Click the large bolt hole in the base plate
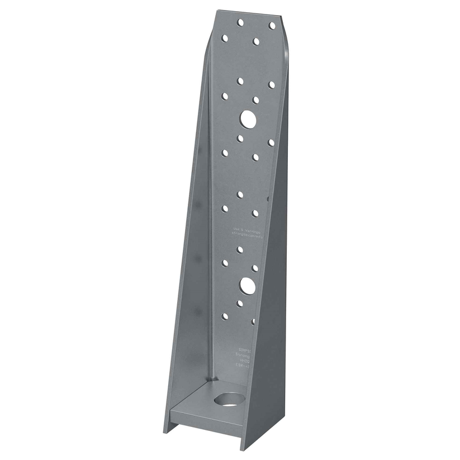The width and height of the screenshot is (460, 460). tap(230, 400)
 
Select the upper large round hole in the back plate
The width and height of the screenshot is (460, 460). tap(248, 118)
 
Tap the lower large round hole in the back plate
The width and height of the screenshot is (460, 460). tap(248, 286)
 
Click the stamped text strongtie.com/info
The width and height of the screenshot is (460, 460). tap(251, 236)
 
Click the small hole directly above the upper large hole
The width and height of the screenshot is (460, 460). tap(256, 100)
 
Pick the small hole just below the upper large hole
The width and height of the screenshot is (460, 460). tap(240, 138)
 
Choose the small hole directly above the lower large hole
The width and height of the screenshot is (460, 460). tap(255, 268)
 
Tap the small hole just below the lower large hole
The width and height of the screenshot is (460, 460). tap(240, 303)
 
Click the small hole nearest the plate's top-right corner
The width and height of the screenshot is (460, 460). tap(272, 26)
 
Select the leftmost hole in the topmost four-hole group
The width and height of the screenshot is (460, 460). tap(225, 39)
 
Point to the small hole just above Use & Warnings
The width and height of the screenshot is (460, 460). tap(255, 213)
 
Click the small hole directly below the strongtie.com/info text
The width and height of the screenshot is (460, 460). tap(240, 249)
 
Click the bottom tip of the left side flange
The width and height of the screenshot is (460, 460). tap(166, 431)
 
